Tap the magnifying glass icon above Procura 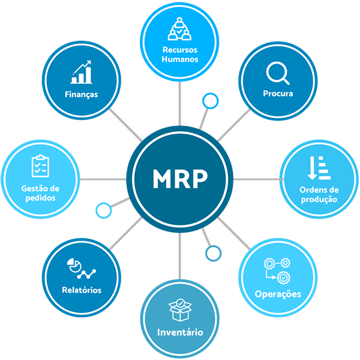pos(277,74)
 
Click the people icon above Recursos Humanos pos(179,28)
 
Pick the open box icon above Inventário pos(179,310)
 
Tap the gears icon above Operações pos(277,270)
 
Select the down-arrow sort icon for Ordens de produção pos(319,168)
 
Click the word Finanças pos(82,94)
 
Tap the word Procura pos(278,94)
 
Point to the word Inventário pos(180,332)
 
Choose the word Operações pos(278,294)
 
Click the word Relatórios pos(82,290)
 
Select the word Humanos pos(180,59)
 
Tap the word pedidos pos(41,197)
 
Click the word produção pos(319,199)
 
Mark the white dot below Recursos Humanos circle pos(210,101)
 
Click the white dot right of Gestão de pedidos pos(104,211)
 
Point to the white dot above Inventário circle pos(213,254)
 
